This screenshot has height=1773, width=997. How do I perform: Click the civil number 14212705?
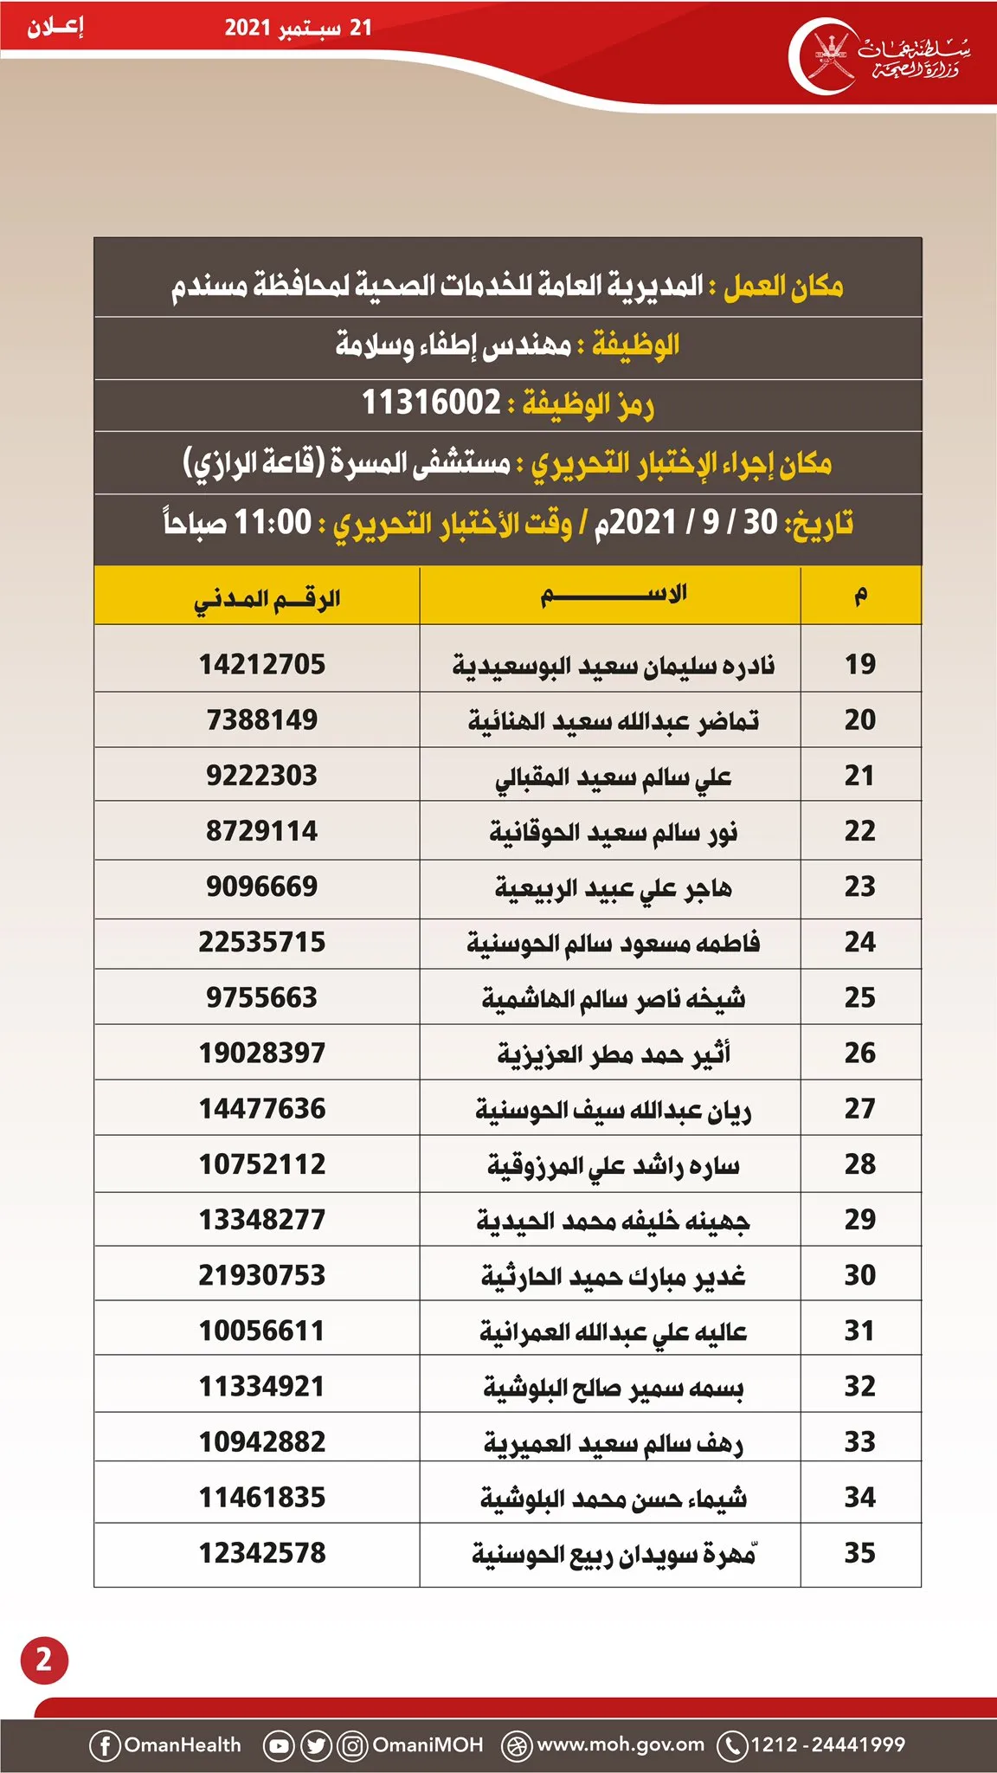pyautogui.click(x=262, y=664)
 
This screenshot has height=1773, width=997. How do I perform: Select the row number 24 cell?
pyautogui.click(x=859, y=942)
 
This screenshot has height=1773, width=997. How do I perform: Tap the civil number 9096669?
pyautogui.click(x=262, y=886)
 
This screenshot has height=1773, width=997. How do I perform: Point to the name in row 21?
pyautogui.click(x=613, y=777)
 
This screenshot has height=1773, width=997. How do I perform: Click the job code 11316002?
pyautogui.click(x=431, y=403)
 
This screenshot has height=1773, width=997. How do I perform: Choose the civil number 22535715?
pyautogui.click(x=262, y=942)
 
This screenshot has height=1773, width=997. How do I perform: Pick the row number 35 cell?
pyautogui.click(x=859, y=1553)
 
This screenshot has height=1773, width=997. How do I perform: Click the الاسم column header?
pyautogui.click(x=613, y=595)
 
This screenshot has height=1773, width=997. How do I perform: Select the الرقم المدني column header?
pyautogui.click(x=267, y=598)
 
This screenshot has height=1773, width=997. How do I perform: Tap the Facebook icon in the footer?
pyautogui.click(x=105, y=1745)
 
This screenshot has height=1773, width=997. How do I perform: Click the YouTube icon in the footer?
pyautogui.click(x=279, y=1745)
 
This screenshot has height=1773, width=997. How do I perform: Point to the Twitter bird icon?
pyautogui.click(x=316, y=1745)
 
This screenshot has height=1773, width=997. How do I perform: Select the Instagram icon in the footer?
pyautogui.click(x=352, y=1745)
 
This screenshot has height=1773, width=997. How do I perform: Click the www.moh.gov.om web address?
pyautogui.click(x=621, y=1744)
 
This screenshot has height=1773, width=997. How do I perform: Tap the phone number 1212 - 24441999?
pyautogui.click(x=827, y=1744)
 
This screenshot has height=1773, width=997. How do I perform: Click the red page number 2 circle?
pyautogui.click(x=44, y=1660)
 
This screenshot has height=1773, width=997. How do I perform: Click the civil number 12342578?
pyautogui.click(x=262, y=1553)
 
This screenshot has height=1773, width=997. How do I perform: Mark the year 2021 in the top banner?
pyautogui.click(x=248, y=28)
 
